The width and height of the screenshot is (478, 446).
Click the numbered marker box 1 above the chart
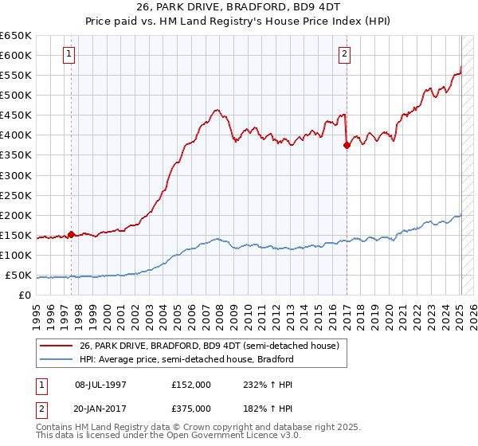(x=70, y=54)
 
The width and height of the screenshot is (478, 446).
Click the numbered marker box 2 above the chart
(x=344, y=54)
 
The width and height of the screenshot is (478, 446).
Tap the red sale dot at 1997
(x=72, y=234)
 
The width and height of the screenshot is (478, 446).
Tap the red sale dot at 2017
(x=347, y=145)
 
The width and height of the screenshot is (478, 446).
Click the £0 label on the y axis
(x=25, y=295)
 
